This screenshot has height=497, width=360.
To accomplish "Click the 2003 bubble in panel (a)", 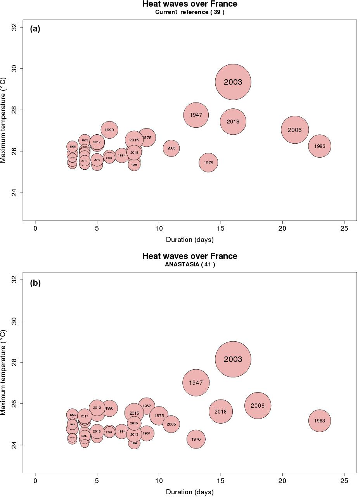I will (x=233, y=82).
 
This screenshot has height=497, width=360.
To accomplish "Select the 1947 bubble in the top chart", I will (x=196, y=115).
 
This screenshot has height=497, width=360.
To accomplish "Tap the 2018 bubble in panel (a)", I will (x=233, y=122).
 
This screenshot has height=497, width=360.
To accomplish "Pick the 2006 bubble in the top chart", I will (x=295, y=130).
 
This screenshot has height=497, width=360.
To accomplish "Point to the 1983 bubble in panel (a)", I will (x=320, y=146).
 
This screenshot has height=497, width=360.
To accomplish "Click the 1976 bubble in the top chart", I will (x=208, y=163).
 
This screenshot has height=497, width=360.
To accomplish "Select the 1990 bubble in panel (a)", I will (x=109, y=130).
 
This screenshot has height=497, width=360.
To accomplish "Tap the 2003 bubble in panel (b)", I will (x=233, y=359).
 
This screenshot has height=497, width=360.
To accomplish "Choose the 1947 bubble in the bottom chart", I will (x=196, y=382).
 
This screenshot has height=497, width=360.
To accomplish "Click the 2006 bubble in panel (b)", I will (x=258, y=405).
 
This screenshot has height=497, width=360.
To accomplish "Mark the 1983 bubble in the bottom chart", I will (x=320, y=421).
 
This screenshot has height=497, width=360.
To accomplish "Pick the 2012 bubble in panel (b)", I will (x=97, y=408).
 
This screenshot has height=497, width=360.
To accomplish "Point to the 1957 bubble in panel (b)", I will (x=146, y=433).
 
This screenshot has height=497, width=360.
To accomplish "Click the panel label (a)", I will (x=35, y=29).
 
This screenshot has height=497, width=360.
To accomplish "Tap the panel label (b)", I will (x=35, y=283).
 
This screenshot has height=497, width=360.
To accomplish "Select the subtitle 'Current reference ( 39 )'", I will (x=190, y=12).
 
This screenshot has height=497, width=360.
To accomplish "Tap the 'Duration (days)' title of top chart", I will (x=190, y=240).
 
